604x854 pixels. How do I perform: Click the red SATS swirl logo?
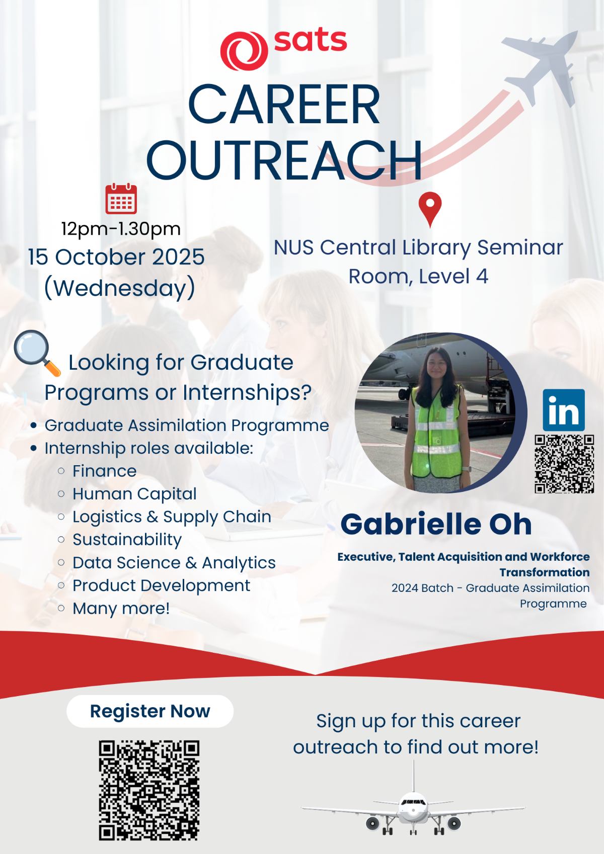point(244,51)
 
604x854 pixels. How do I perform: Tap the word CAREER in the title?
point(284,105)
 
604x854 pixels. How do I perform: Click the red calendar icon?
point(121,199)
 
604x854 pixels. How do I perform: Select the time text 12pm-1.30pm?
point(121,229)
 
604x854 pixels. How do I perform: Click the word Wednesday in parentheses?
point(119,288)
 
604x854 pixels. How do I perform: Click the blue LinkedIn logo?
point(564,410)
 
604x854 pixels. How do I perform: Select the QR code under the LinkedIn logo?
point(564,464)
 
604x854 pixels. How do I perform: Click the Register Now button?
point(150,711)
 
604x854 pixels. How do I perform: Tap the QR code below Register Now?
point(149,791)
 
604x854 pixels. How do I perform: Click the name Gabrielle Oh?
point(436,524)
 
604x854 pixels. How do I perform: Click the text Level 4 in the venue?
point(454,277)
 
